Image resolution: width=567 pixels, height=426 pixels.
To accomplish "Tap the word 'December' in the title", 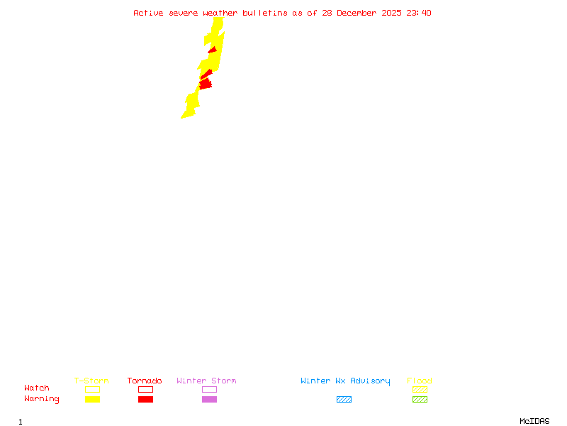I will (359, 13).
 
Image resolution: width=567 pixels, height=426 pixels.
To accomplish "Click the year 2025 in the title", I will (392, 13).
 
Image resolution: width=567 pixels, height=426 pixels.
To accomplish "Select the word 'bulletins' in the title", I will (265, 13).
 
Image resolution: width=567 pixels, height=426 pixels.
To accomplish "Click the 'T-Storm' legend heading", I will (91, 381).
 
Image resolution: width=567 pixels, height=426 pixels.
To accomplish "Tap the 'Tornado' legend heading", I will (145, 381).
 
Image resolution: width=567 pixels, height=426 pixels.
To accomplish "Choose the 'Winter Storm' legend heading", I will (206, 381).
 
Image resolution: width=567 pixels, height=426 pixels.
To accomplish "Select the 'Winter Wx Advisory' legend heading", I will (345, 381).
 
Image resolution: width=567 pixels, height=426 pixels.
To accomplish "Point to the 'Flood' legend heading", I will (420, 381).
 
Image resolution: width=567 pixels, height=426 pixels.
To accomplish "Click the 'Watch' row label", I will (37, 388).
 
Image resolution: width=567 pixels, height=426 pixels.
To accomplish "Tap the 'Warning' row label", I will (42, 399).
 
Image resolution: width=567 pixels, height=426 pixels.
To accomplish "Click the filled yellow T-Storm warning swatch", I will (92, 400).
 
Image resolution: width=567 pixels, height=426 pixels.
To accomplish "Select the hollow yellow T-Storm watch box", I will (92, 389).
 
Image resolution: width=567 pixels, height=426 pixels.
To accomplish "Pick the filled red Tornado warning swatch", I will (145, 400).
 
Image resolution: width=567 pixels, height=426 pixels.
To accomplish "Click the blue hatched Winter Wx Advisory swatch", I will (344, 400).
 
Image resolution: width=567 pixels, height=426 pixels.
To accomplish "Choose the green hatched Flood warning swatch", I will (420, 400).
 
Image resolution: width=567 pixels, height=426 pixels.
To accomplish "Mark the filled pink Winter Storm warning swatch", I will (209, 400).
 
